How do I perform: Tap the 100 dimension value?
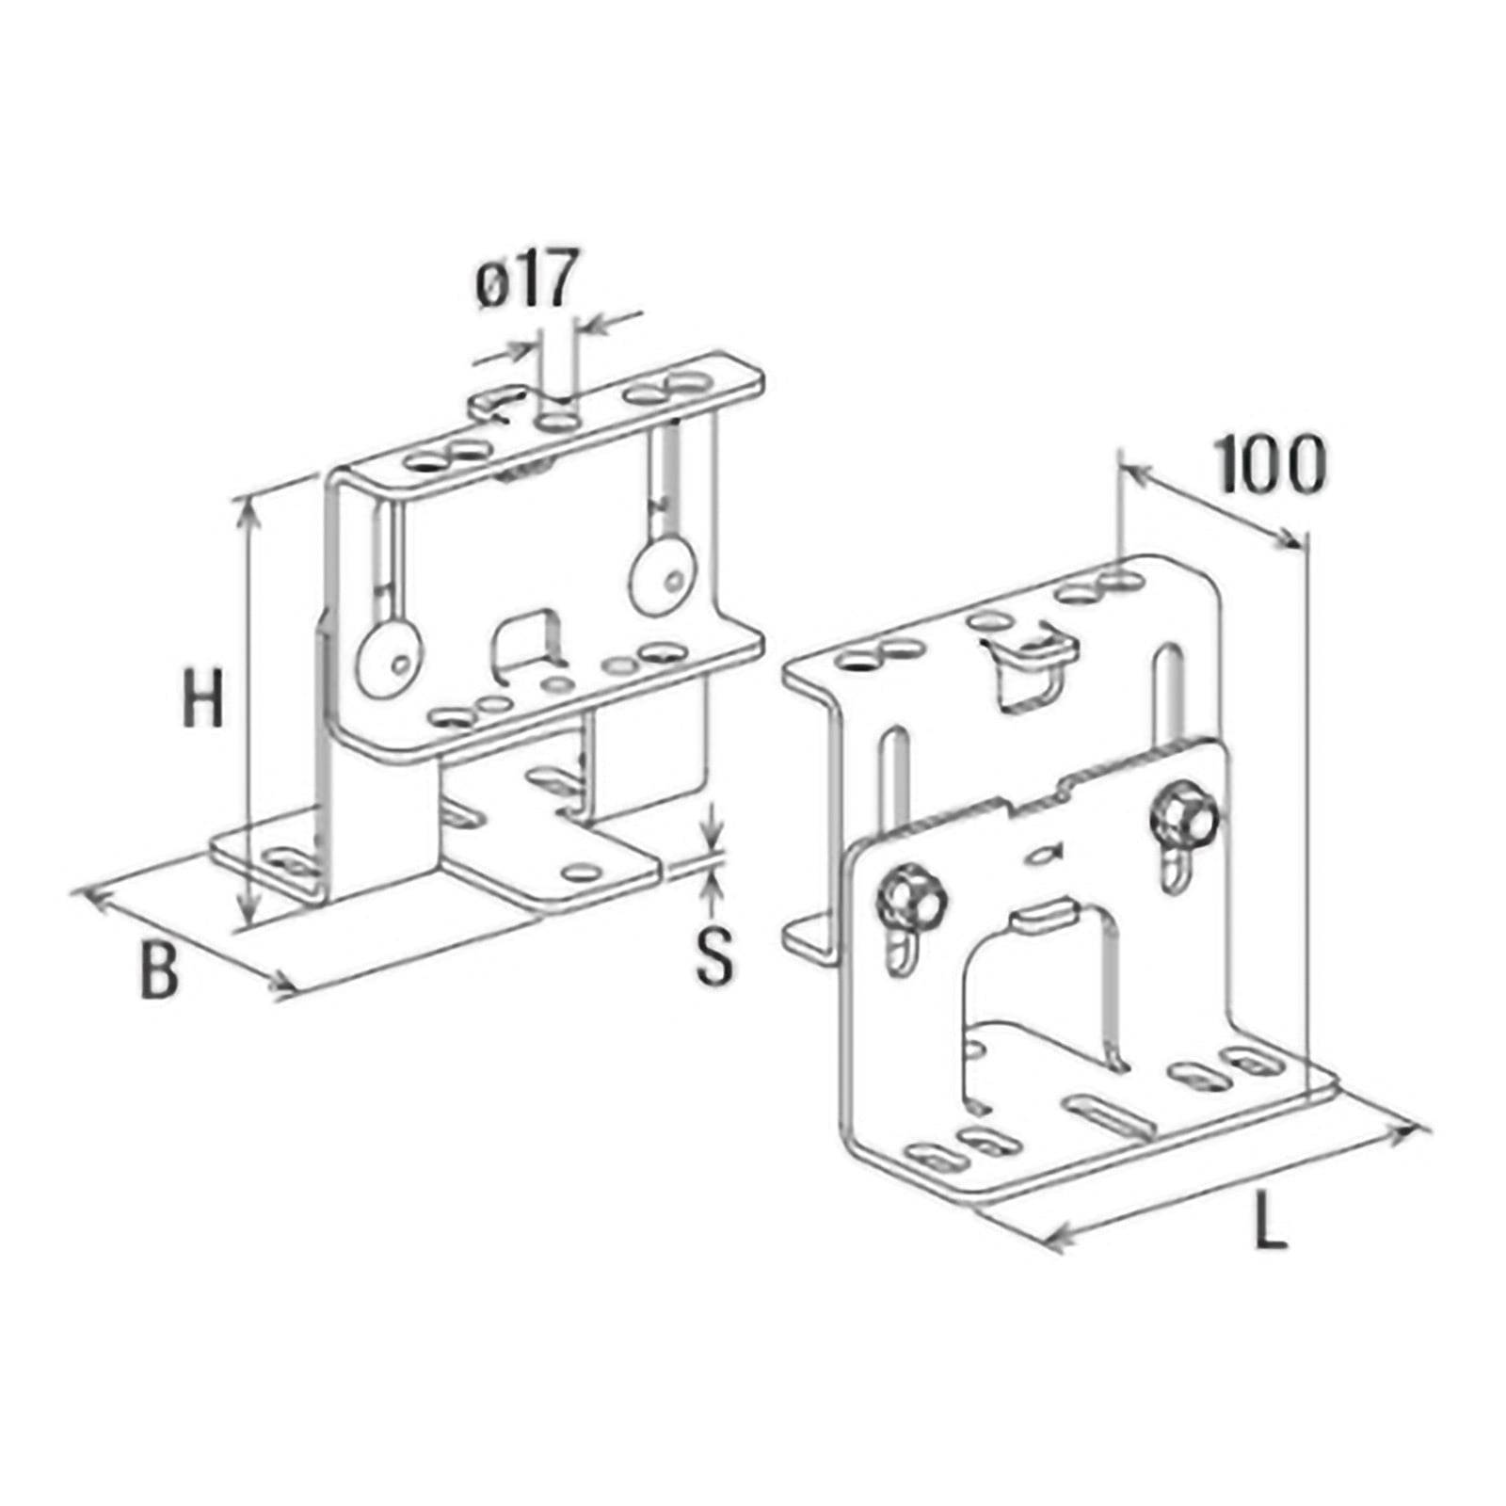tap(1271, 464)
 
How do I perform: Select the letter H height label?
tap(203, 695)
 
